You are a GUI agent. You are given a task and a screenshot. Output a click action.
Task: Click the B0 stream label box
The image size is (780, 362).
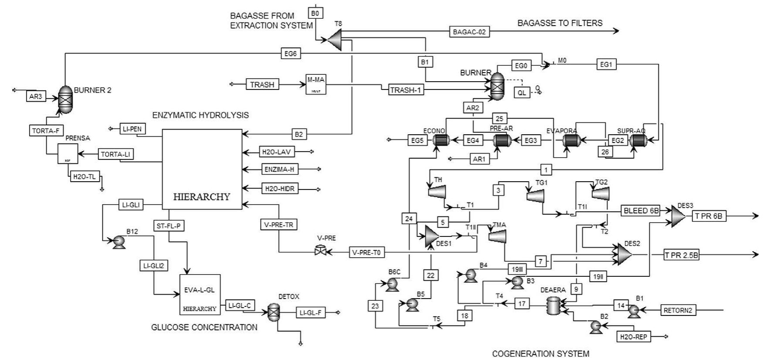click(x=315, y=13)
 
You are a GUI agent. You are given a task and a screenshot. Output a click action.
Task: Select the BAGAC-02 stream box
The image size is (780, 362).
click(x=469, y=32)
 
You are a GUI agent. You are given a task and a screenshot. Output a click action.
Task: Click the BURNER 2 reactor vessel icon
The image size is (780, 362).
click(x=66, y=99)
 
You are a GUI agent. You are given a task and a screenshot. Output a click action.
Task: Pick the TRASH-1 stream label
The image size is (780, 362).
click(x=406, y=90)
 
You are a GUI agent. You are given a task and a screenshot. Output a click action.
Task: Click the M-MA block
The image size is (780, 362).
click(x=316, y=84)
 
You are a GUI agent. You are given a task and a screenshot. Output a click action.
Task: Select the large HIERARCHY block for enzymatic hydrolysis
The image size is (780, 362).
click(x=202, y=169)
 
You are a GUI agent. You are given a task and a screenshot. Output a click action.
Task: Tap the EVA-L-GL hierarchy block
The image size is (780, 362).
click(x=200, y=294)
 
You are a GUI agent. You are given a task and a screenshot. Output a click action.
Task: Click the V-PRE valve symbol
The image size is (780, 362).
click(x=321, y=251)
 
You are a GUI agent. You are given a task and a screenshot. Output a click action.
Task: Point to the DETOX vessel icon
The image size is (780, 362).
click(x=273, y=312)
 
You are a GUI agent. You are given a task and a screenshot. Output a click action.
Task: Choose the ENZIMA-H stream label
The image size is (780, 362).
click(x=279, y=169)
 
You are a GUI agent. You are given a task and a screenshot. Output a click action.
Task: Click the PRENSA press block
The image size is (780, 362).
click(x=68, y=154)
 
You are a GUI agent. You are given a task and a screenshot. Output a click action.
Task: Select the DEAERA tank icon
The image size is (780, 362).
click(x=554, y=306)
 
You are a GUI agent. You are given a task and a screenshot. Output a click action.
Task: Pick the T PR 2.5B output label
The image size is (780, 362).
click(x=681, y=255)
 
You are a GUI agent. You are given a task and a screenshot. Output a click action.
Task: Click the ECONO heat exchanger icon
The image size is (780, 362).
click(x=441, y=140)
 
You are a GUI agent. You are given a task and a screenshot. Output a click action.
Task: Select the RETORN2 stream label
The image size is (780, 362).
click(x=678, y=310)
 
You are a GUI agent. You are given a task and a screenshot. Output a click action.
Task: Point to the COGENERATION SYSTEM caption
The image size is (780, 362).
click(x=540, y=354)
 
